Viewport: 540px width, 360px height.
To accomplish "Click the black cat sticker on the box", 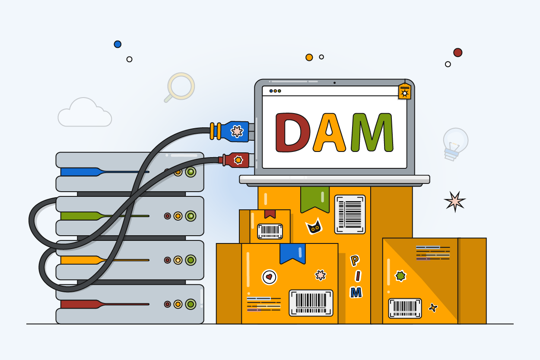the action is (x=314, y=226).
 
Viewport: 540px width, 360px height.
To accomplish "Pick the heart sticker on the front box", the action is (x=269, y=277).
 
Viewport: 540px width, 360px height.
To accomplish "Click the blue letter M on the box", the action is (x=356, y=293).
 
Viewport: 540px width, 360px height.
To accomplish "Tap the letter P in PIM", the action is (x=355, y=261).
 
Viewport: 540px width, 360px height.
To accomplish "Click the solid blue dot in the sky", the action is (x=118, y=44).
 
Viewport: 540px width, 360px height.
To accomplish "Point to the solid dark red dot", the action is (x=457, y=53).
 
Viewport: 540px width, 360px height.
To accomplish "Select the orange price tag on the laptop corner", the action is (x=405, y=91).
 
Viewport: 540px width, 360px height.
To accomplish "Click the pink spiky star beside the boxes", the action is (x=455, y=202).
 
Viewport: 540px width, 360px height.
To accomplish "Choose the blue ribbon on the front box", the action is (x=292, y=253).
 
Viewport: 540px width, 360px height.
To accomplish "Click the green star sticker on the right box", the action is (x=400, y=276).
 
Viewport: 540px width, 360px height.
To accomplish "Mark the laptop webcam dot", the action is (x=334, y=83).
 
